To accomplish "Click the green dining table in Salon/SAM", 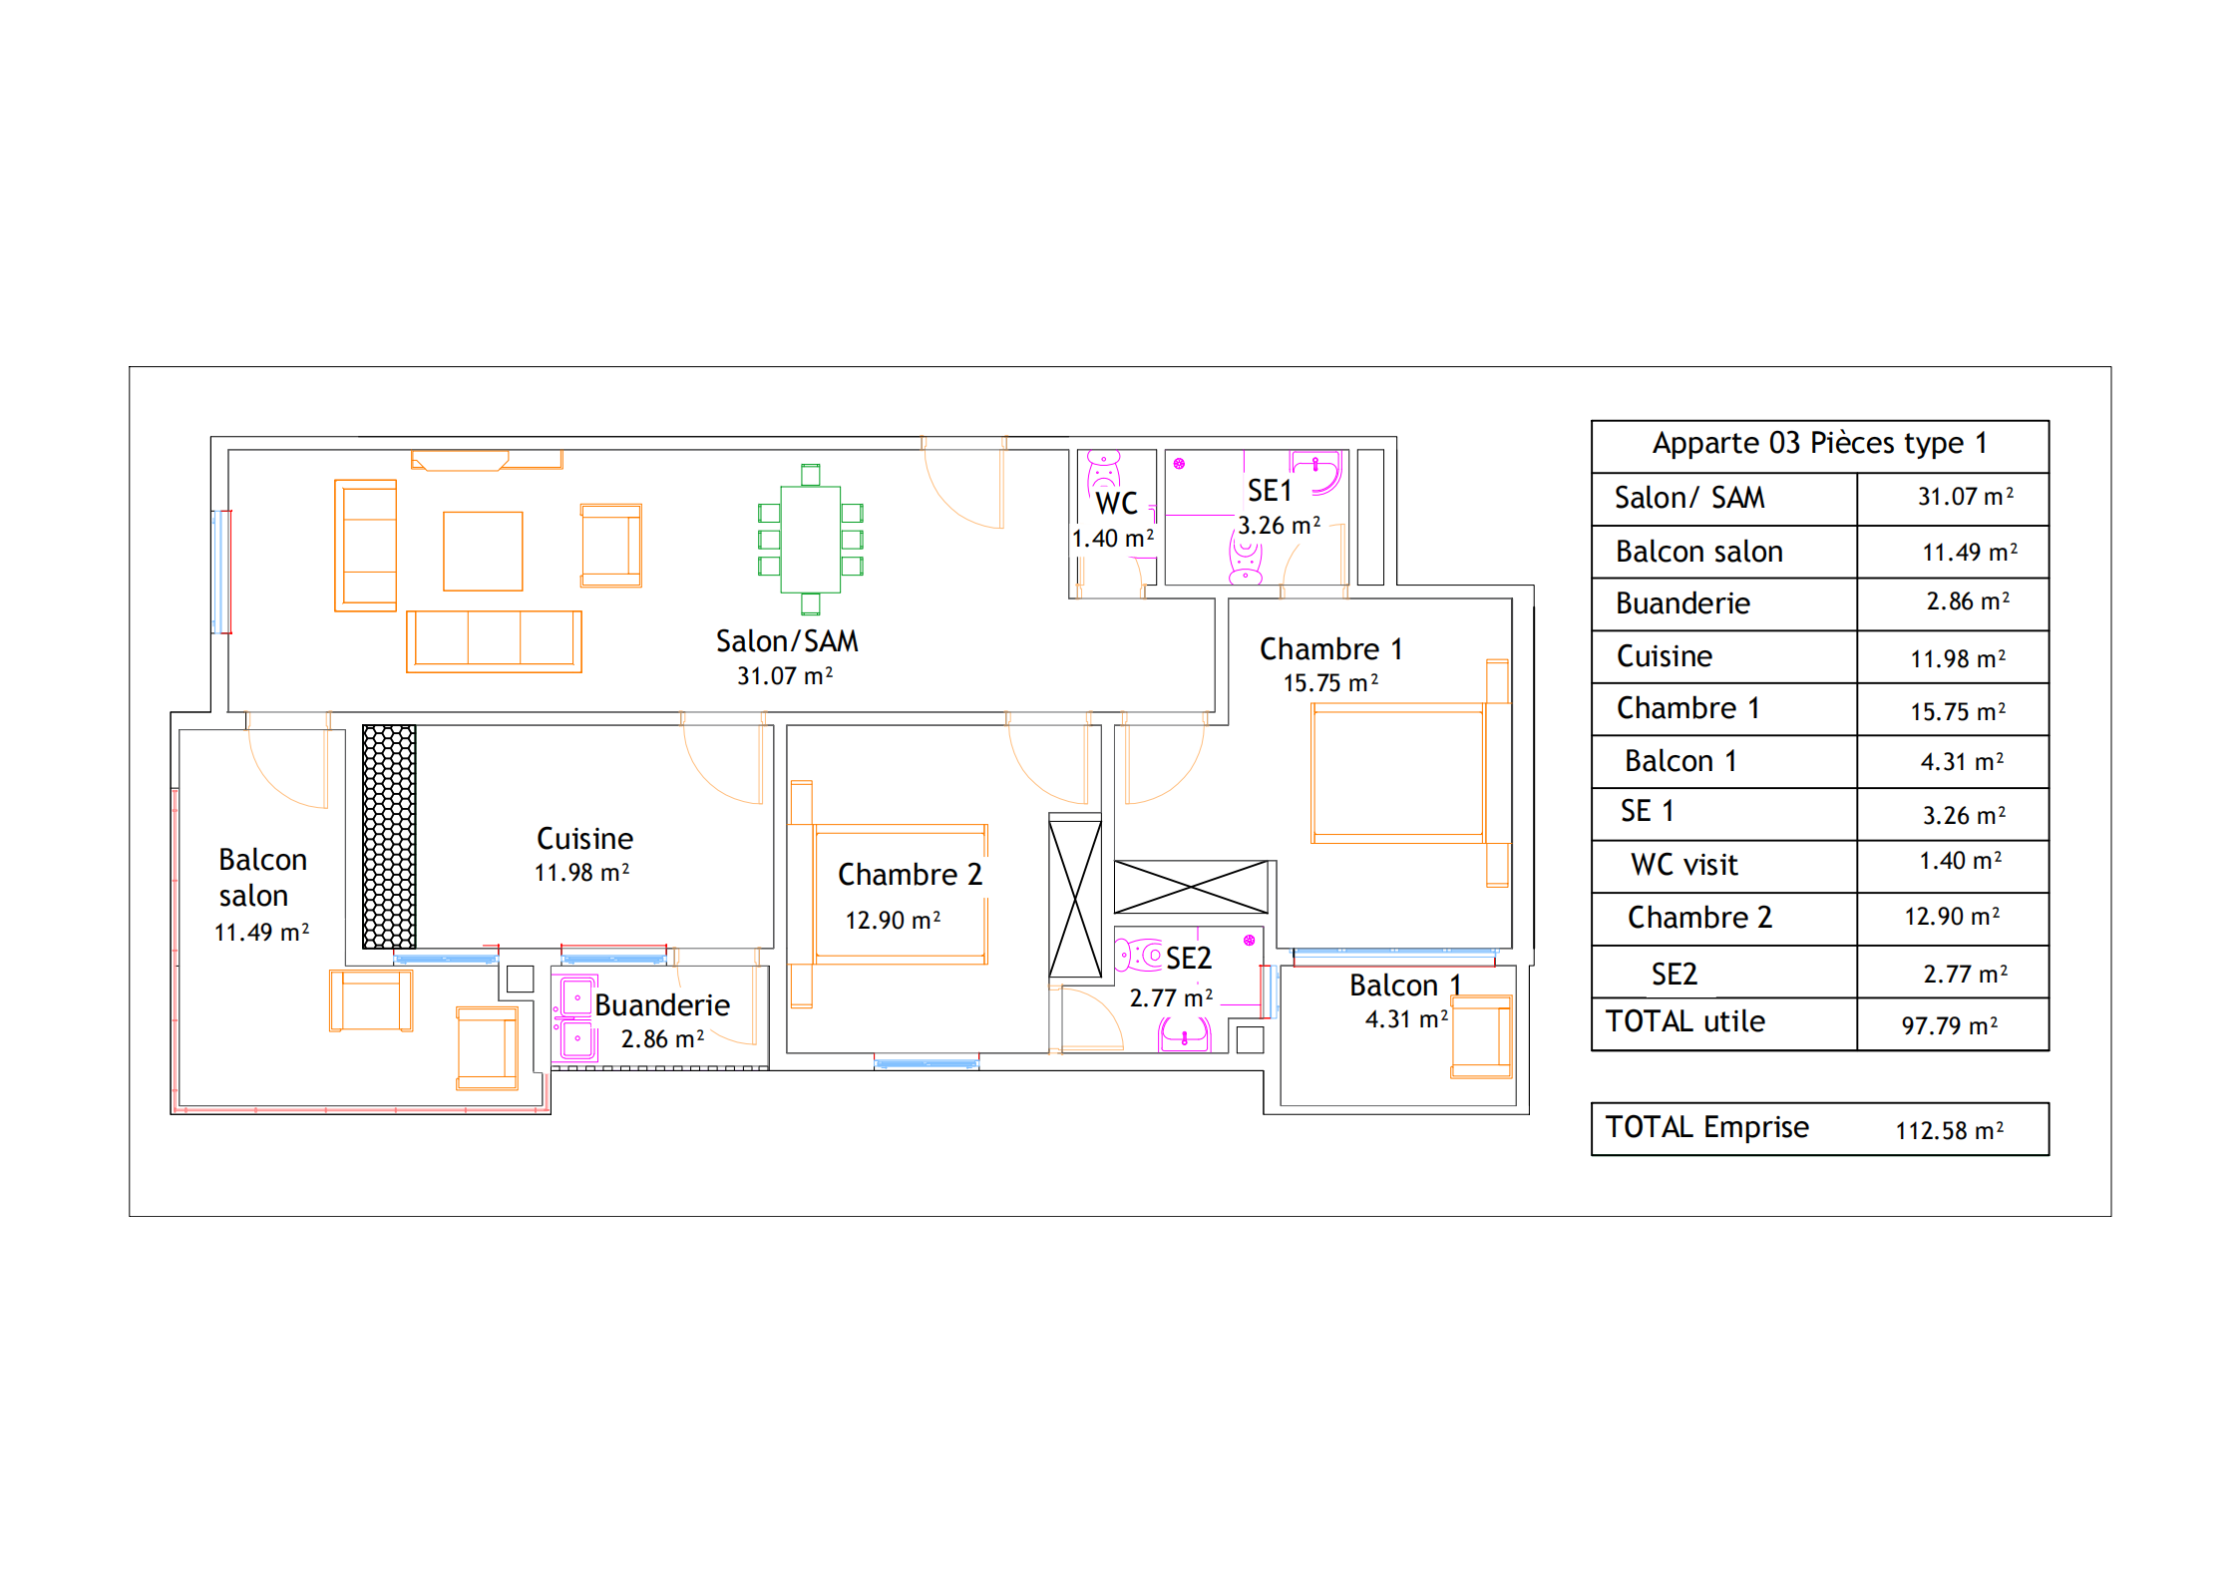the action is pyautogui.click(x=810, y=540).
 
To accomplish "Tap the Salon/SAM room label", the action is pyautogui.click(x=787, y=641).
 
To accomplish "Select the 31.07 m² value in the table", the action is pyautogui.click(x=1965, y=497).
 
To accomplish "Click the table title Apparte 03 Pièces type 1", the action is pyautogui.click(x=1819, y=443).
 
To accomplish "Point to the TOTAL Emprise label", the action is pyautogui.click(x=1706, y=1127).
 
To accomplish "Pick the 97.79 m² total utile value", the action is pyautogui.click(x=1949, y=1025).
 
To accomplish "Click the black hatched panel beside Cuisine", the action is pyautogui.click(x=389, y=836).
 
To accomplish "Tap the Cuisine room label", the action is pyautogui.click(x=584, y=839).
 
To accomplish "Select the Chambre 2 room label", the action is pyautogui.click(x=910, y=875).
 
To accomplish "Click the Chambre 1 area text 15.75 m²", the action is pyautogui.click(x=1330, y=683).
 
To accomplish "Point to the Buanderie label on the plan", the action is pyautogui.click(x=662, y=1005).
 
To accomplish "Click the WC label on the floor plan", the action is pyautogui.click(x=1116, y=504).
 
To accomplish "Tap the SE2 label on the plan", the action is pyautogui.click(x=1189, y=959).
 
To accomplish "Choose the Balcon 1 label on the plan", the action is pyautogui.click(x=1404, y=986).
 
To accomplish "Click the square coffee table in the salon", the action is pyautogui.click(x=483, y=552).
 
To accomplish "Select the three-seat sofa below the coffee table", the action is pyautogui.click(x=494, y=641).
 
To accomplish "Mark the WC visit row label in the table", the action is pyautogui.click(x=1683, y=865).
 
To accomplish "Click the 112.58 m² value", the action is pyautogui.click(x=1949, y=1130).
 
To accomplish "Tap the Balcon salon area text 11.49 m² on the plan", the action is pyautogui.click(x=261, y=933).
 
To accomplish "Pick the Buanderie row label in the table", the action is pyautogui.click(x=1682, y=603).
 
